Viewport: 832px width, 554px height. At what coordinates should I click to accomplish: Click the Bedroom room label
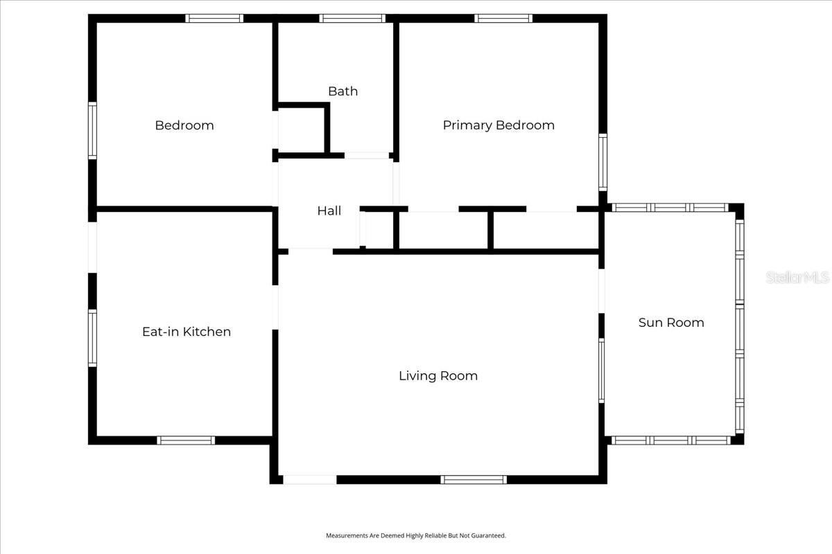(184, 125)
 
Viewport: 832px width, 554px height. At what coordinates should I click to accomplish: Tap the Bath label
(343, 91)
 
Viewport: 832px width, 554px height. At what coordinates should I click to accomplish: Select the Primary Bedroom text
(499, 125)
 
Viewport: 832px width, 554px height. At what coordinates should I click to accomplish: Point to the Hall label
(329, 211)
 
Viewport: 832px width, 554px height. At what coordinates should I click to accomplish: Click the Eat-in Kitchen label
(187, 332)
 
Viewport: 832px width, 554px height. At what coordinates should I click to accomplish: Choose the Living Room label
(438, 376)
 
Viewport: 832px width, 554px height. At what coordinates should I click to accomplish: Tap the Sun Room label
(671, 323)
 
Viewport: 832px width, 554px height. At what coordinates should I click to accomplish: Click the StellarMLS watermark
(797, 277)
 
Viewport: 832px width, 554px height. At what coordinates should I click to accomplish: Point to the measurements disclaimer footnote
(416, 535)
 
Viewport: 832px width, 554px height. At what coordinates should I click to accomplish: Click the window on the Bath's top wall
(352, 18)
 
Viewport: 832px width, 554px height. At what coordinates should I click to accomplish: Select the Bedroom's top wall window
(214, 18)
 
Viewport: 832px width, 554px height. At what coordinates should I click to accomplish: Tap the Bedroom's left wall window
(92, 131)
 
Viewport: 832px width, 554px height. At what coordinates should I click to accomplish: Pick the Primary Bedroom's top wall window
(503, 18)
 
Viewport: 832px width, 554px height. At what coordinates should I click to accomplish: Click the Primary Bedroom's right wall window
(603, 163)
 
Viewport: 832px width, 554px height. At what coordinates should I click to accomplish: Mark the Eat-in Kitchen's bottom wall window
(186, 440)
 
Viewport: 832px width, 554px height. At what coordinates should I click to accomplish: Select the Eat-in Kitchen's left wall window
(92, 338)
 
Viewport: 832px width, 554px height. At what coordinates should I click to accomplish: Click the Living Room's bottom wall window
(474, 480)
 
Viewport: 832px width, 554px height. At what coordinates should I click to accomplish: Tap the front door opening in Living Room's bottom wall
(310, 480)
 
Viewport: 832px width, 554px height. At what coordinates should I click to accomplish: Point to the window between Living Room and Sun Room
(601, 370)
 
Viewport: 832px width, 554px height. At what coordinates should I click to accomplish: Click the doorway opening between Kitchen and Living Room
(275, 307)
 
